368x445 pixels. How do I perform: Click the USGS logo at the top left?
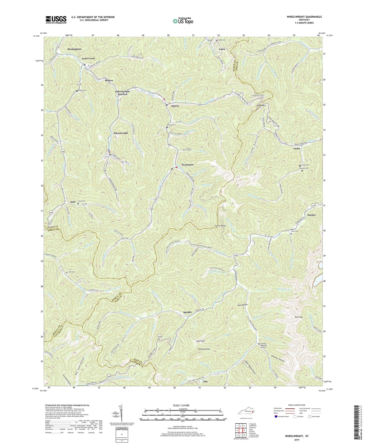click(x=56, y=19)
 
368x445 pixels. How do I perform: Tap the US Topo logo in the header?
click(x=182, y=21)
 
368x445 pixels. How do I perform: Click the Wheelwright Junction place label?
click(x=122, y=93)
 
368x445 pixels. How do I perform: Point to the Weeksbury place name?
click(x=188, y=165)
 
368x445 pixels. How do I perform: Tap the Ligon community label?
click(x=222, y=49)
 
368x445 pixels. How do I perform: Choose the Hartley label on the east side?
click(x=311, y=215)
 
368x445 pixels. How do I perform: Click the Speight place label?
click(x=187, y=312)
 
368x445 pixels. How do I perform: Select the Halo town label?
click(x=73, y=202)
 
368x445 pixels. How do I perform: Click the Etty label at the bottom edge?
click(x=206, y=382)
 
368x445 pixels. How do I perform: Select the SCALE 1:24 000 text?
click(x=182, y=405)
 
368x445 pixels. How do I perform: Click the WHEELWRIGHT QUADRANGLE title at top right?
click(x=301, y=17)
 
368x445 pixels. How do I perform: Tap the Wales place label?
click(x=297, y=148)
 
